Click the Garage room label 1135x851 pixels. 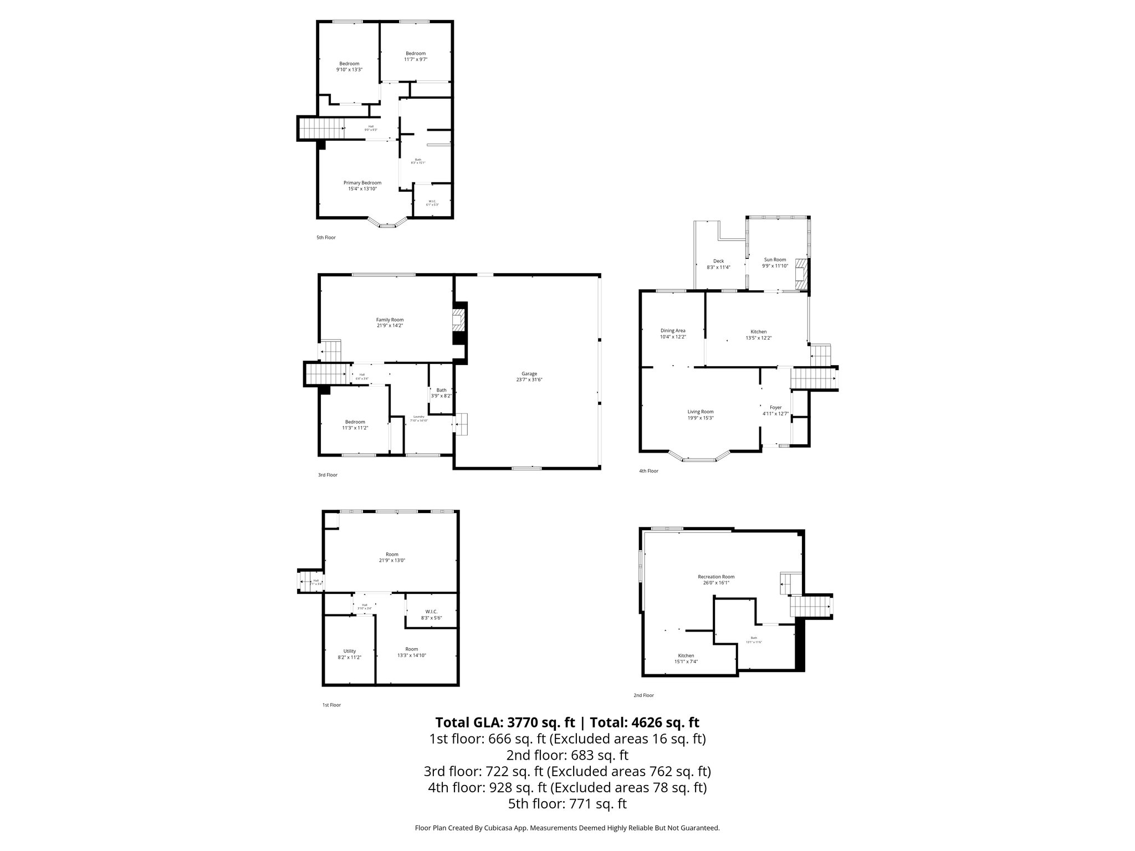[529, 374]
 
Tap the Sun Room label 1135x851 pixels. [775, 260]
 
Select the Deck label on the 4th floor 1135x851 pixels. [718, 261]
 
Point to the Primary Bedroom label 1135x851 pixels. [362, 183]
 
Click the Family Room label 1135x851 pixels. [390, 320]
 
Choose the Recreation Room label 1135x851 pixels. [716, 577]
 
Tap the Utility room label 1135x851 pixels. [349, 651]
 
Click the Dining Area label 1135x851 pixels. [673, 331]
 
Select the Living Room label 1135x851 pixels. [701, 412]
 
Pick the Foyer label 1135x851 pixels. [775, 407]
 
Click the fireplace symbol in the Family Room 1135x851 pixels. [459, 320]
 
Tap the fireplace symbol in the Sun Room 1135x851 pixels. [801, 274]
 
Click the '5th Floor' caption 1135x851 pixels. [326, 238]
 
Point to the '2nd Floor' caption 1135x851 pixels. [643, 695]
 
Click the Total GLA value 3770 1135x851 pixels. [530, 722]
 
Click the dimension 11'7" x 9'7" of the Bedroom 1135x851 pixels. [415, 59]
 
